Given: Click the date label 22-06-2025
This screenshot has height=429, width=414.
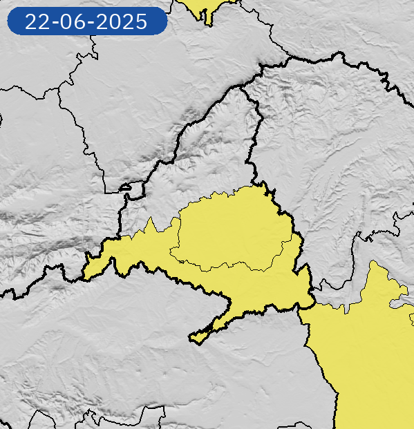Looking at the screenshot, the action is coord(86,21).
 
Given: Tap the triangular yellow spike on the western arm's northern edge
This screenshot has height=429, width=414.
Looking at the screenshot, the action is coord(149,226).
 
